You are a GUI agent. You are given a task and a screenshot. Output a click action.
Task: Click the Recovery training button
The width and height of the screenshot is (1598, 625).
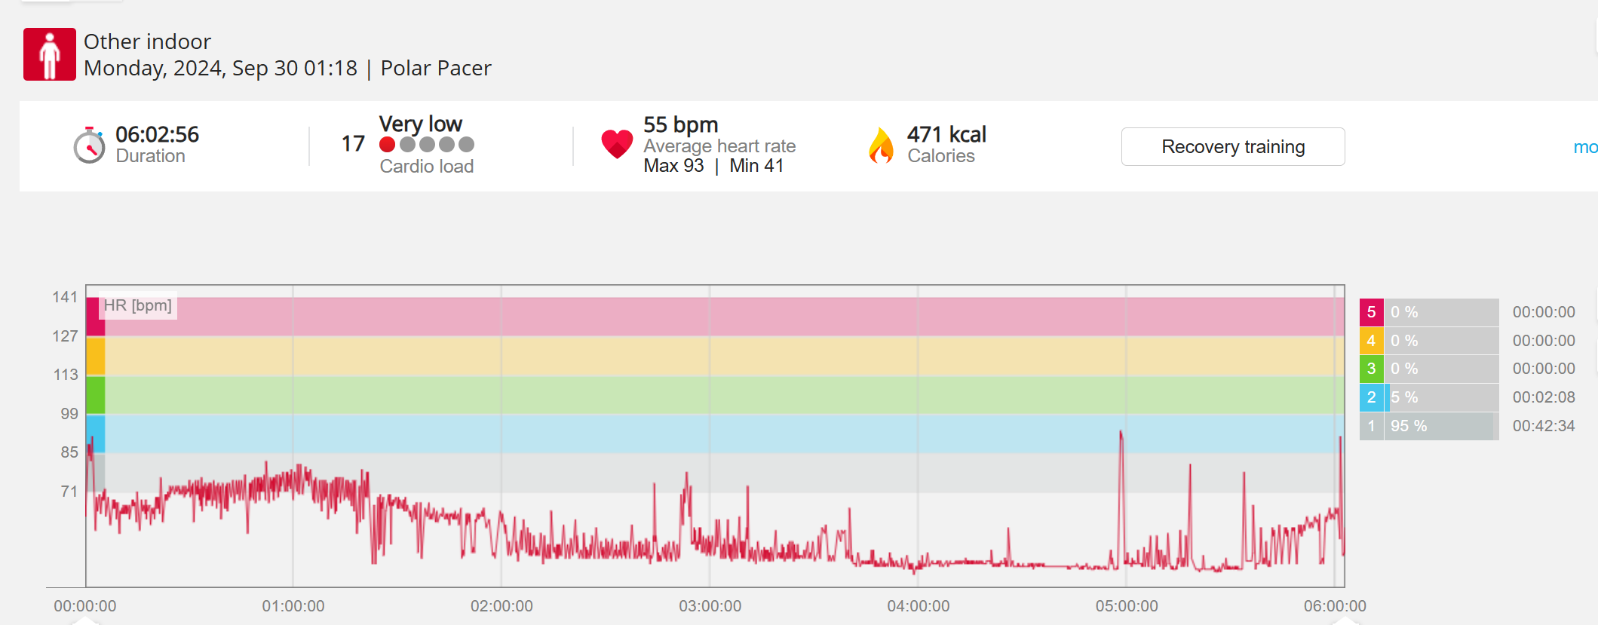1232,146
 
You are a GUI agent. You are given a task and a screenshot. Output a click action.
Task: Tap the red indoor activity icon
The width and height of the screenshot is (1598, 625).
50,54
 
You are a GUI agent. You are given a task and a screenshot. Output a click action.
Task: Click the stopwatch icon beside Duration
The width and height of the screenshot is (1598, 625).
89,146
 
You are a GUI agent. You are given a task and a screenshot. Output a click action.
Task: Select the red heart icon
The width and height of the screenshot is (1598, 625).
617,143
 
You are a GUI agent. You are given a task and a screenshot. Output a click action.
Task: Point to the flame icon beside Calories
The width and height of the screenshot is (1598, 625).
880,145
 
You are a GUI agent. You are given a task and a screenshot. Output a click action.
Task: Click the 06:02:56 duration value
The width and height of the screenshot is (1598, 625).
157,134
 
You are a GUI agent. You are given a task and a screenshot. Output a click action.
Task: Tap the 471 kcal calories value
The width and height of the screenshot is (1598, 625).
946,134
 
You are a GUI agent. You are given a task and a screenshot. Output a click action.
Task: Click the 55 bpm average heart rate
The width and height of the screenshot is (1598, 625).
680,124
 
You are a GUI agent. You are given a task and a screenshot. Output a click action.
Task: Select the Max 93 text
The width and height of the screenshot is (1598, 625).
673,166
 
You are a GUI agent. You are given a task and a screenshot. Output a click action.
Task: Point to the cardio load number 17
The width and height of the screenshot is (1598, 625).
353,143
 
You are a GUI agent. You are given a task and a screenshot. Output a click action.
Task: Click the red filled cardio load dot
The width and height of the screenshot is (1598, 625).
388,144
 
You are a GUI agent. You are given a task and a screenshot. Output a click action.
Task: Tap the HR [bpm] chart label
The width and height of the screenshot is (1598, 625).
138,305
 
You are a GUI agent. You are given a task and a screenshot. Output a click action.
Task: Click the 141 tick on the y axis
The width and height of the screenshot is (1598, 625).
65,297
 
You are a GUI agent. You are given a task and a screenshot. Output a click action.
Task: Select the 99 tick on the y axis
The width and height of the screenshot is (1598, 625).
69,413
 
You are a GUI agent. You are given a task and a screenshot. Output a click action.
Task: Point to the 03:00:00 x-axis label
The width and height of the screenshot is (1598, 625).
710,606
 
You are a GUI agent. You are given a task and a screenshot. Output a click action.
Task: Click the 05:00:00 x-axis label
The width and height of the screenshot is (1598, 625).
1127,606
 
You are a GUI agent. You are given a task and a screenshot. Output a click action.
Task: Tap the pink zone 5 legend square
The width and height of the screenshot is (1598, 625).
1371,312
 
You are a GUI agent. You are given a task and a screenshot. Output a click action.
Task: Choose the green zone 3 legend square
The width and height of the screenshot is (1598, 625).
1371,369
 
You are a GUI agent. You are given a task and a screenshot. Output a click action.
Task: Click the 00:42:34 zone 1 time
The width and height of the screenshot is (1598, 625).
1544,426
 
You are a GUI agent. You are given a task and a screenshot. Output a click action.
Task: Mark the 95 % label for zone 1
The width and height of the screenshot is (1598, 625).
1409,426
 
